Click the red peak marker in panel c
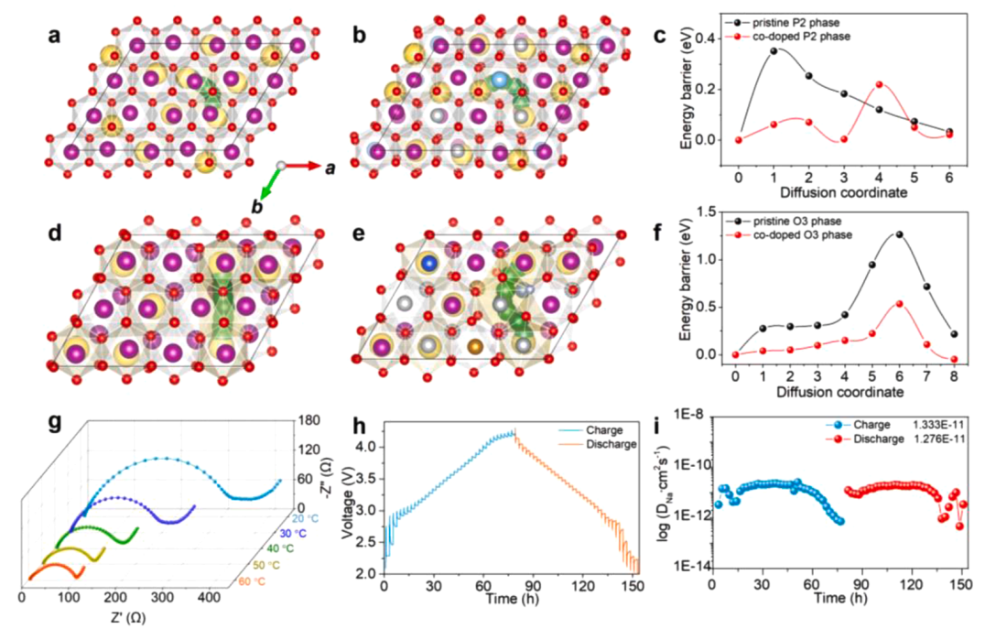pyautogui.click(x=879, y=84)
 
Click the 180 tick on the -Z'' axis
pyautogui.click(x=308, y=420)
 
